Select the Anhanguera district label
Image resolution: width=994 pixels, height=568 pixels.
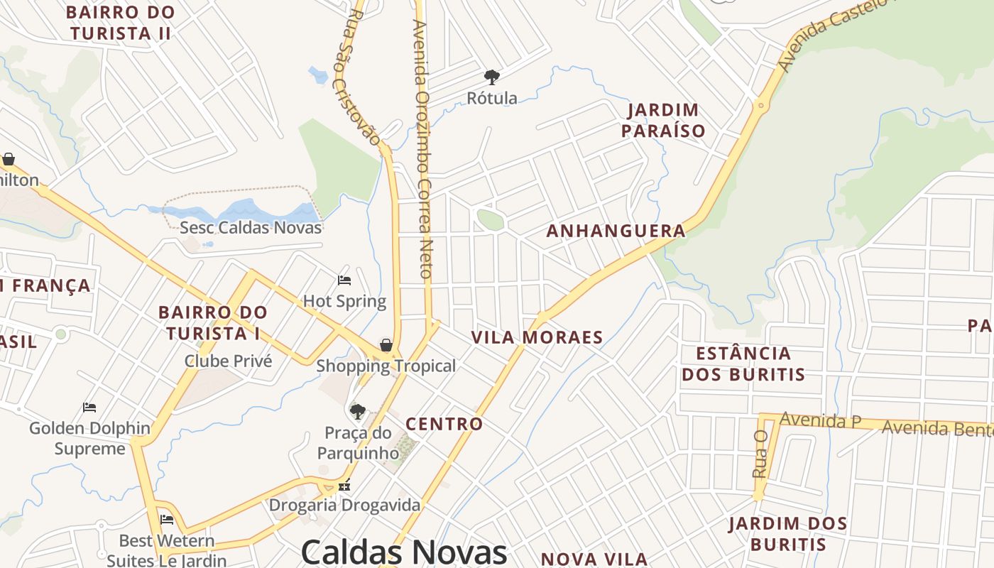point(616,231)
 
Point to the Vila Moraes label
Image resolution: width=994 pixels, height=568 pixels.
point(537,337)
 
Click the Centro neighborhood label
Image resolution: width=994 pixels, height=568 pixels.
point(444,425)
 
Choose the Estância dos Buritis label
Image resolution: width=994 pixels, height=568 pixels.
point(743,364)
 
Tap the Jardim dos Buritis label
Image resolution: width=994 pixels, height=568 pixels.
point(788,534)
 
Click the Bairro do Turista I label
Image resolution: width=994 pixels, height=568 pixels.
point(213,322)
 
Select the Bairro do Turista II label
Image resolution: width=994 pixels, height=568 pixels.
point(120,23)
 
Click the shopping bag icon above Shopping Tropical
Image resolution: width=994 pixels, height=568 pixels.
point(386,346)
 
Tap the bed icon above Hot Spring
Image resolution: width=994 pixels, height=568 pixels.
point(344,281)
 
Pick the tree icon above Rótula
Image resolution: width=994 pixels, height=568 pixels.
point(491,77)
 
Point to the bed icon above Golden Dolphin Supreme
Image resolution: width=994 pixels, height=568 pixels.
point(89,408)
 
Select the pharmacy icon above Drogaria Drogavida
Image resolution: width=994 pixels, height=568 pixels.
point(344,486)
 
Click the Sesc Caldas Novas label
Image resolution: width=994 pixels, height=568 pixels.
point(251,228)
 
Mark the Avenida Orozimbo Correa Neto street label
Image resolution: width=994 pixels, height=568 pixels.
point(423,149)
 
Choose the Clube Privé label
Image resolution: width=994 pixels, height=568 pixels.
point(228,361)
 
